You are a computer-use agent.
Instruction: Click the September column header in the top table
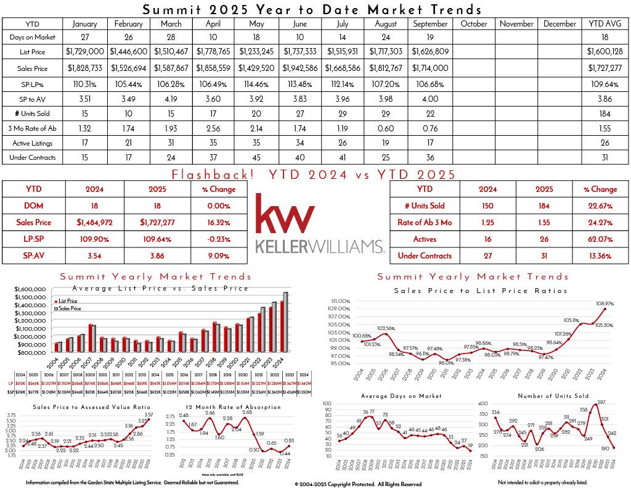pyautogui.click(x=430, y=23)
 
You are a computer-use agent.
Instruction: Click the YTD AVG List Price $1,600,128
pyautogui.click(x=605, y=53)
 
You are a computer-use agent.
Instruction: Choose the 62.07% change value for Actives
pyautogui.click(x=604, y=239)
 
